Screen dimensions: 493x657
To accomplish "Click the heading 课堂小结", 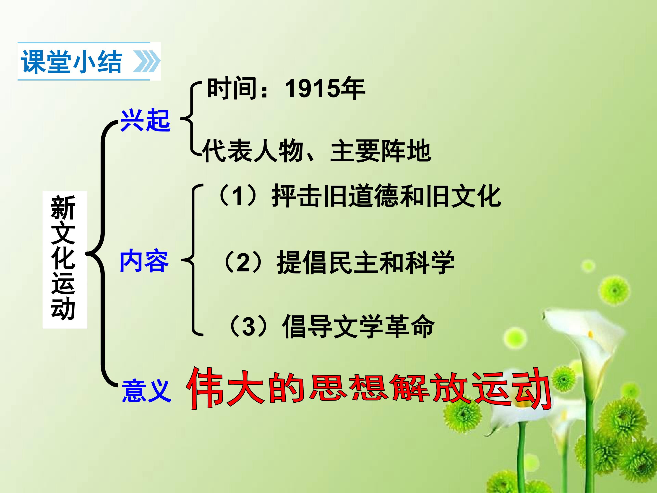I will tap(71, 62).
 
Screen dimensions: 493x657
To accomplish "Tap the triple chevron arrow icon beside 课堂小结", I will tap(146, 62).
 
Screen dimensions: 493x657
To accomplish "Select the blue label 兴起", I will tap(145, 120).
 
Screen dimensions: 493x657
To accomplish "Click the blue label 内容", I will tap(144, 261).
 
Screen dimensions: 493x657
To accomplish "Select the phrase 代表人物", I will tap(253, 151).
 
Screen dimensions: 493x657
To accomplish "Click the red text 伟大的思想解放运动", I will tap(368, 389).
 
